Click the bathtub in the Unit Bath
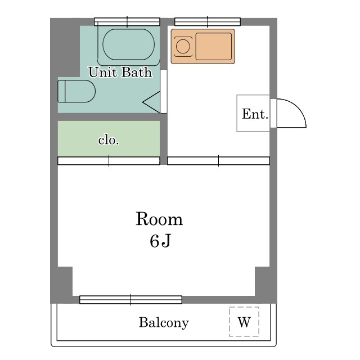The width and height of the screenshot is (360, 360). [x=129, y=45]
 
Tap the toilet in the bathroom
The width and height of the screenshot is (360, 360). [x=76, y=91]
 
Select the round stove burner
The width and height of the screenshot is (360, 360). [x=183, y=46]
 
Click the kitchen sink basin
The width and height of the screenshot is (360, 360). [x=214, y=46]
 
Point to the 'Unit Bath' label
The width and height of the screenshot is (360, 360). [x=120, y=73]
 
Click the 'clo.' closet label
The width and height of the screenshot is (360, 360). [x=109, y=140]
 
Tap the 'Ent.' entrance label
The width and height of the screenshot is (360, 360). [x=255, y=114]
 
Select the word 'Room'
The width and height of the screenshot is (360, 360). [x=159, y=219]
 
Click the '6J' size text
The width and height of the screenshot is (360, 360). [x=160, y=241]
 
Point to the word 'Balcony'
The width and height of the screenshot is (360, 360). [x=164, y=322]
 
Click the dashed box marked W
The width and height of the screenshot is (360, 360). [x=244, y=322]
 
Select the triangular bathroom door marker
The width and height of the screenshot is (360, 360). [x=151, y=102]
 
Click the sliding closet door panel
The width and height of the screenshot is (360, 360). [x=109, y=161]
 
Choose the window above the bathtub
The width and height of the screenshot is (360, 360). [x=127, y=22]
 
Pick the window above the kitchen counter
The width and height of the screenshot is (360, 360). [x=208, y=22]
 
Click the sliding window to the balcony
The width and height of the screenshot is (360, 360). [x=130, y=300]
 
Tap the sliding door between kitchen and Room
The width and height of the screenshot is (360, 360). [x=218, y=161]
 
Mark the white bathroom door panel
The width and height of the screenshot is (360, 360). [x=164, y=91]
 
